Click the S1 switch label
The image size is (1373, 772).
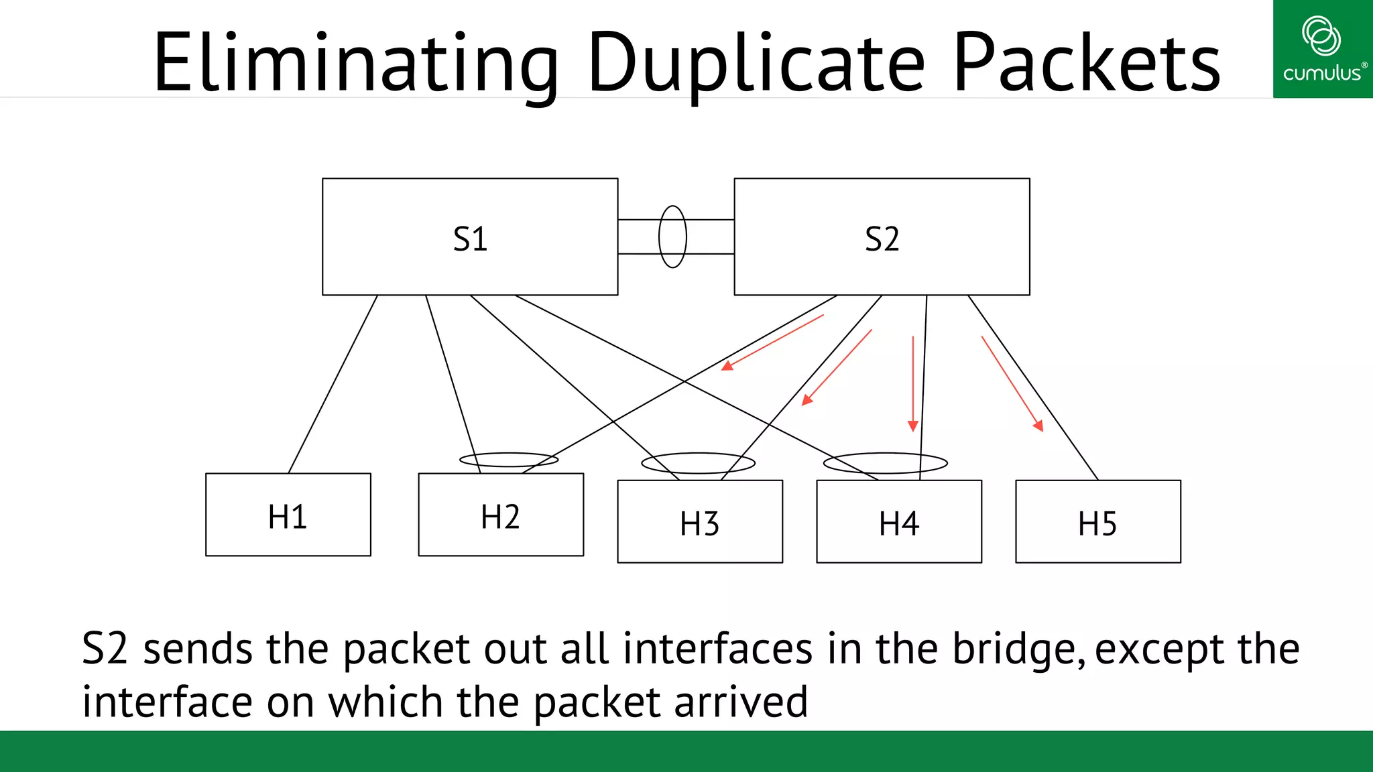pyautogui.click(x=470, y=239)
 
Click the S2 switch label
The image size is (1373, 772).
pyautogui.click(x=882, y=239)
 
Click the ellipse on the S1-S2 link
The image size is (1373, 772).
pyautogui.click(x=672, y=237)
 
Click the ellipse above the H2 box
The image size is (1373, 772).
pyautogui.click(x=509, y=460)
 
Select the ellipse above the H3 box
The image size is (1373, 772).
pyautogui.click(x=698, y=463)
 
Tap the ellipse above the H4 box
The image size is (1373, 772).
pyautogui.click(x=885, y=463)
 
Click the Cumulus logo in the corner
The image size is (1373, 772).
pyautogui.click(x=1322, y=49)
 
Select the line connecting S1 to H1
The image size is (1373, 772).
pyautogui.click(x=333, y=384)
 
